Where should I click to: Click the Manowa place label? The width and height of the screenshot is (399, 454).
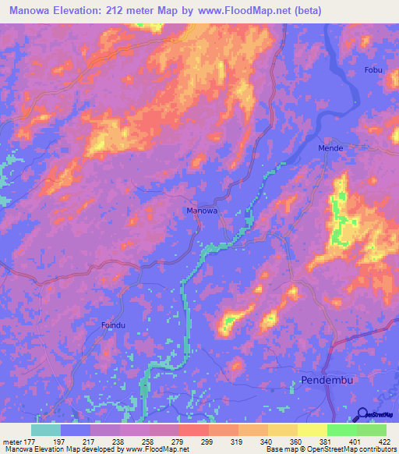pyautogui.click(x=202, y=211)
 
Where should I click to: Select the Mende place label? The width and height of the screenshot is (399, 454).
pyautogui.click(x=331, y=147)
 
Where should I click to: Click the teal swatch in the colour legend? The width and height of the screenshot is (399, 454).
pyautogui.click(x=46, y=430)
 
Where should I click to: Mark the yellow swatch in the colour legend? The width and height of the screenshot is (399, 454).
pyautogui.click(x=312, y=430)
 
